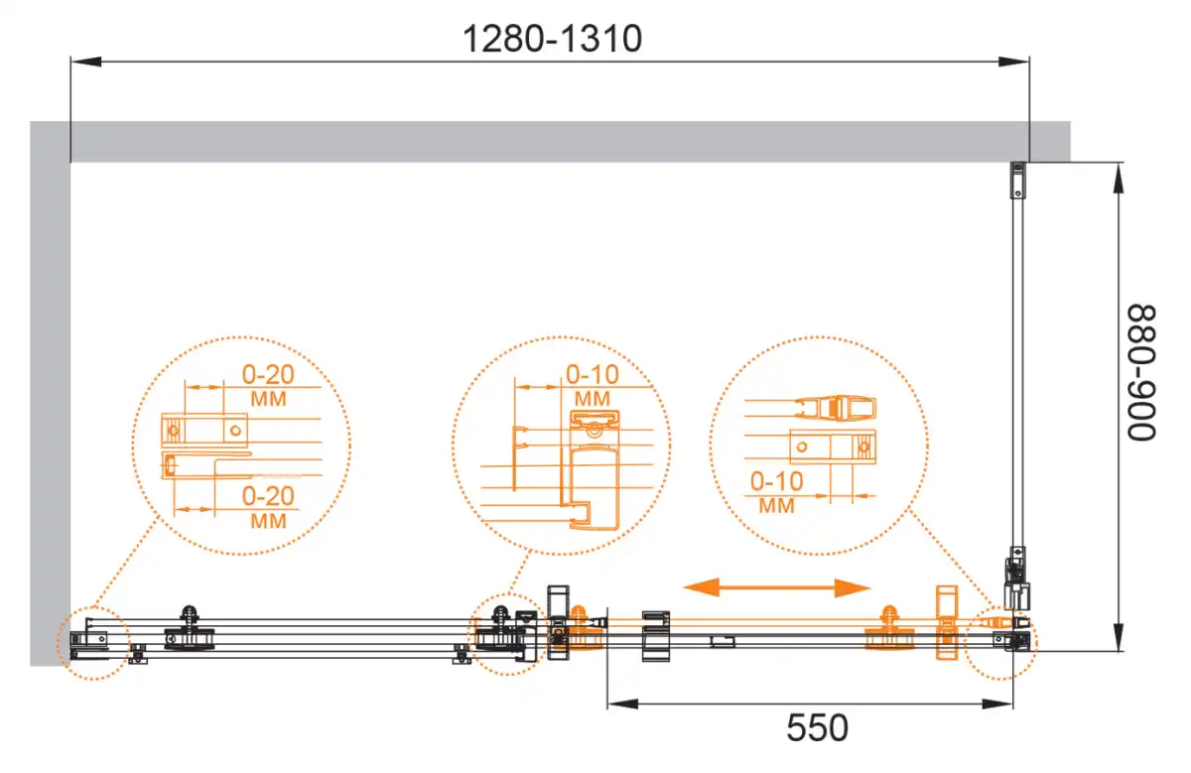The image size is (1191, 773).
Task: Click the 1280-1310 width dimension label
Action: click(x=552, y=39)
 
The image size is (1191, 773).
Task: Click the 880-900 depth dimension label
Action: click(x=1142, y=373)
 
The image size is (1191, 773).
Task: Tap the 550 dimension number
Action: click(x=817, y=727)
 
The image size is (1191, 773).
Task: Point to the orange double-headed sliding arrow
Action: click(x=777, y=587)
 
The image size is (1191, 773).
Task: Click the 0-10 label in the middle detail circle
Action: click(x=593, y=375)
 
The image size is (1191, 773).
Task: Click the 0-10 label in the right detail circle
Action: click(x=776, y=481)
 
